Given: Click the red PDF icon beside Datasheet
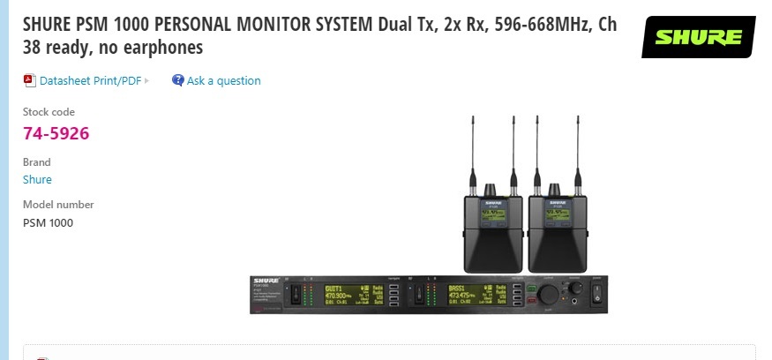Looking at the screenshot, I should coord(29,80).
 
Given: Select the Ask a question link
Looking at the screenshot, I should coord(223,80).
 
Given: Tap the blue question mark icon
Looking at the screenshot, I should coord(178,80).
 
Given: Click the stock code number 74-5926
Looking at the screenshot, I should coord(56,133).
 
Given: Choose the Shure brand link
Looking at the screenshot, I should coord(37,179).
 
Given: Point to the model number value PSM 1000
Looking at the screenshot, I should coord(48,222).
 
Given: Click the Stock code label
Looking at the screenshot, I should coord(49,112).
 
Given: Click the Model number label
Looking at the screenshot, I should coord(58,204).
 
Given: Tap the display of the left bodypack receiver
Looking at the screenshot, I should coord(492,214).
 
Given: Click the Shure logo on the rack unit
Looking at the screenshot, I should coord(266,280).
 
